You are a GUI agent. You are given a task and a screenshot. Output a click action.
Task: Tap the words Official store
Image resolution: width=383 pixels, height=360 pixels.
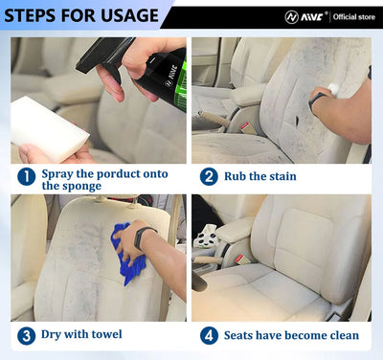tap(351, 16)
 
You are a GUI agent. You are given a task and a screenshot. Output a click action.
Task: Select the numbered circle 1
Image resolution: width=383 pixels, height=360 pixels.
tap(26, 176)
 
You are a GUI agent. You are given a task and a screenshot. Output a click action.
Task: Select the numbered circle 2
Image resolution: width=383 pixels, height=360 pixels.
tap(209, 176)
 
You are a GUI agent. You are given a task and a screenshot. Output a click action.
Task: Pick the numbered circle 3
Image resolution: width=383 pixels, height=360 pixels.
tap(26, 335)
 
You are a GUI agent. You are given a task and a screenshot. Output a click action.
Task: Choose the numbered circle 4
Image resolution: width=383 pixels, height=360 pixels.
tap(209, 335)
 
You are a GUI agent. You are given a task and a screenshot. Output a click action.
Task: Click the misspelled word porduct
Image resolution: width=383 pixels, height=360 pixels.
tap(118, 173)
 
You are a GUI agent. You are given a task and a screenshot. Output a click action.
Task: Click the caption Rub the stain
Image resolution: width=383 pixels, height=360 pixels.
tap(260, 176)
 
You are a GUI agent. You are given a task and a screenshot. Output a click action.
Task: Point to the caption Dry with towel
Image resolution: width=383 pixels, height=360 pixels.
tap(81, 335)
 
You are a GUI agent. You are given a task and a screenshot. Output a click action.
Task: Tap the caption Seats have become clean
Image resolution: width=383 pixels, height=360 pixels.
tap(291, 335)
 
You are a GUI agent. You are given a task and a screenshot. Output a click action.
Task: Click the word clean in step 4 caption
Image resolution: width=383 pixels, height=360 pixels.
tap(341, 335)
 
